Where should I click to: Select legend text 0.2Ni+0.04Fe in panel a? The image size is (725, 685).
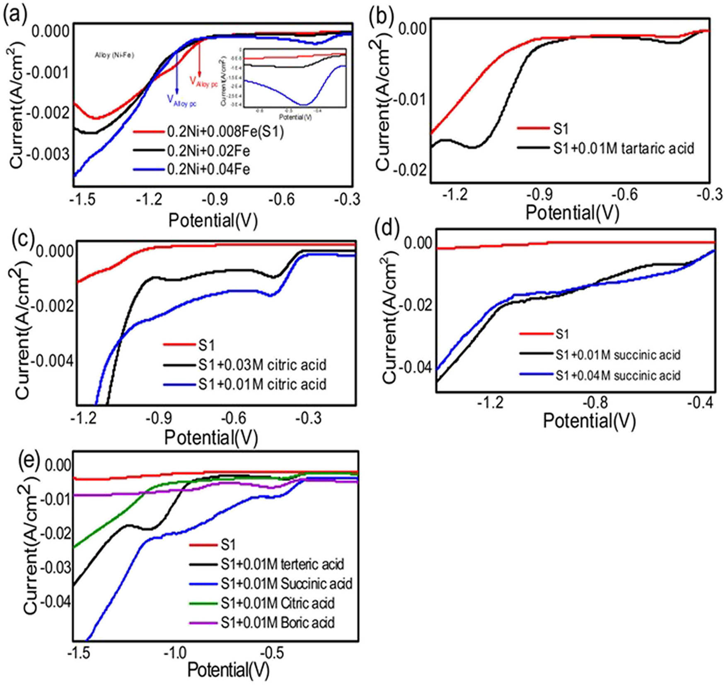click(x=208, y=169)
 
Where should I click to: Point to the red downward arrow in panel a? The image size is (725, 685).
click(x=199, y=58)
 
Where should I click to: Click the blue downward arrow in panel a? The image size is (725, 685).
click(x=177, y=70)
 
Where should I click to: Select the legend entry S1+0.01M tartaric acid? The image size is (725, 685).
click(x=623, y=148)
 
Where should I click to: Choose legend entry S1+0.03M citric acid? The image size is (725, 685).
click(x=262, y=365)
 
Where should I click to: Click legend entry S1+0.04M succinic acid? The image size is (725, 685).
click(x=618, y=376)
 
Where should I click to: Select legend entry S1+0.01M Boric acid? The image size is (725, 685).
click(x=278, y=623)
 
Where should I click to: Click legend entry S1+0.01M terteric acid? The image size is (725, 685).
click(x=282, y=564)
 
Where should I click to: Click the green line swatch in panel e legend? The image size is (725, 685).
click(x=203, y=603)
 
